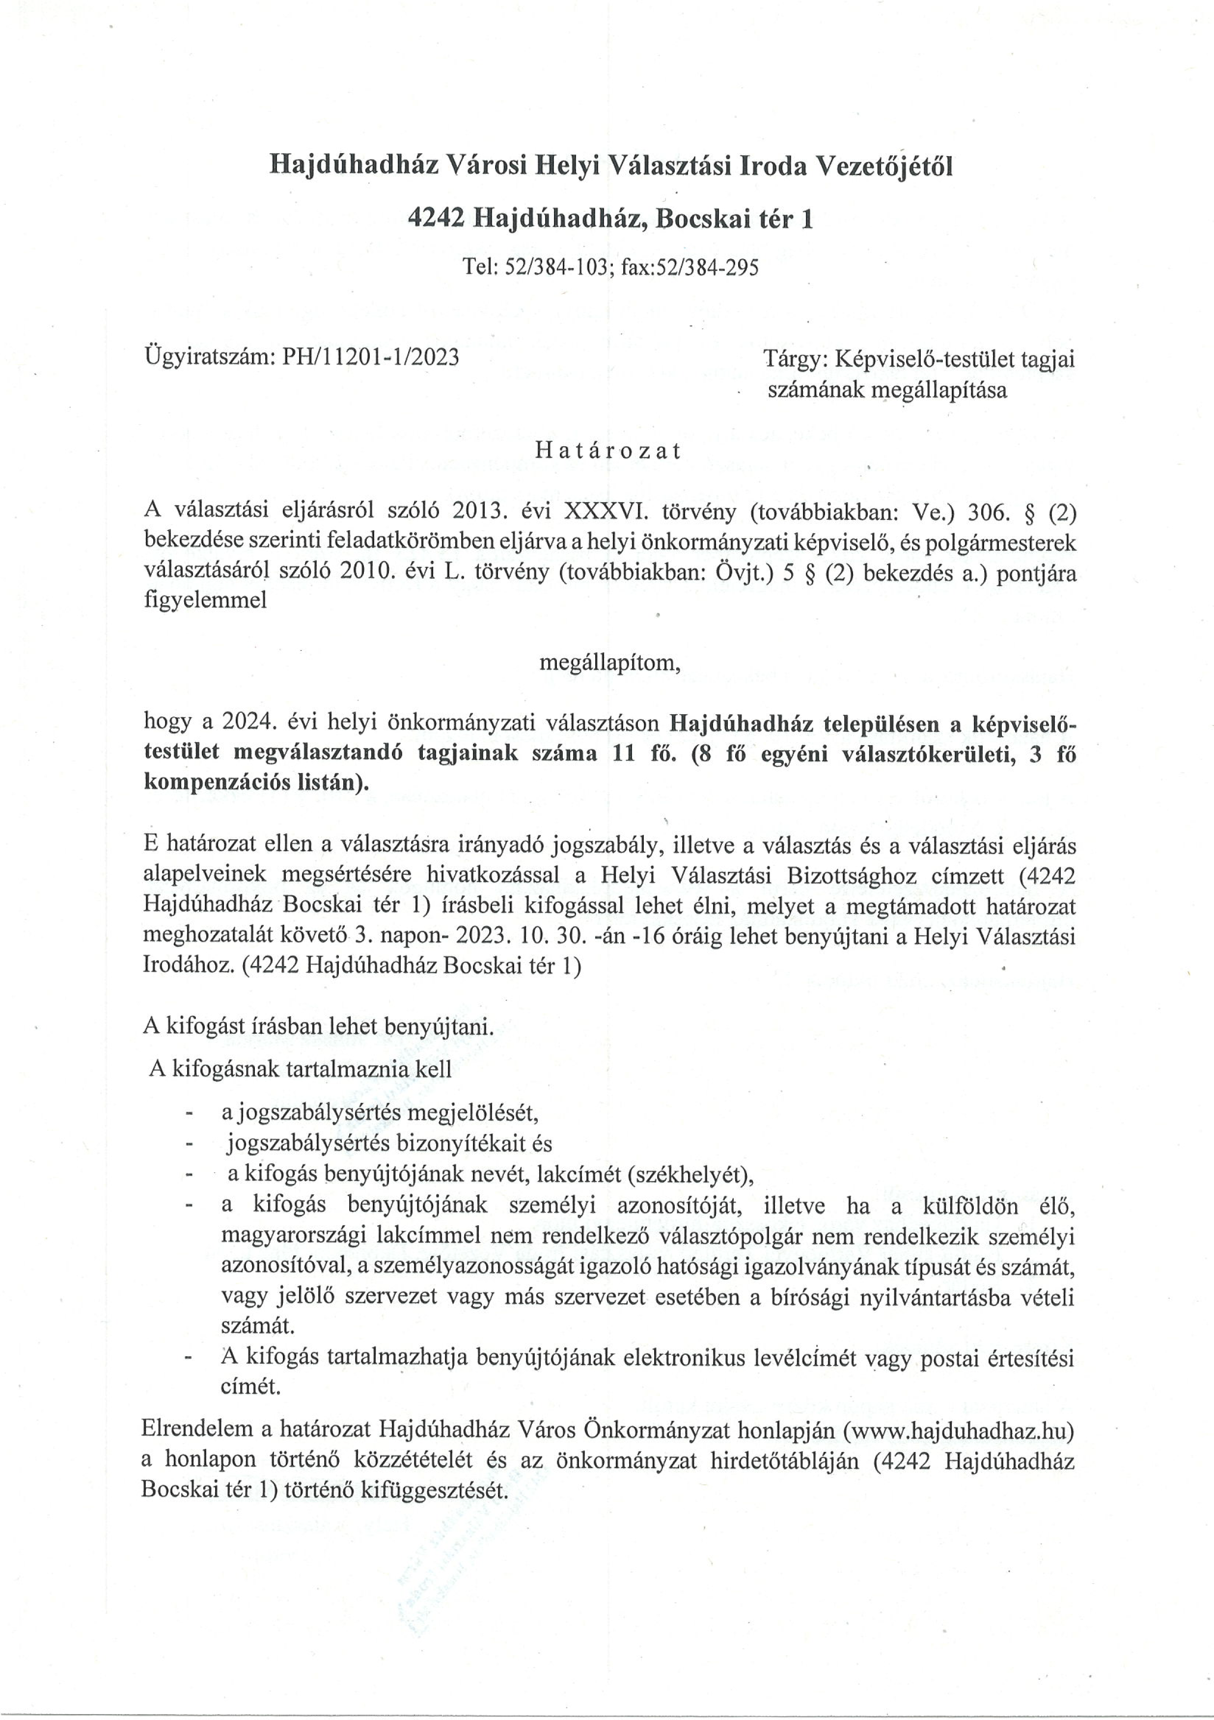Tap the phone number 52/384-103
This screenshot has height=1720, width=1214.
coord(555,268)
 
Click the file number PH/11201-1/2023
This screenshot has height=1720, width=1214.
coord(370,357)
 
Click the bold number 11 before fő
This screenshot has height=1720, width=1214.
coord(624,753)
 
